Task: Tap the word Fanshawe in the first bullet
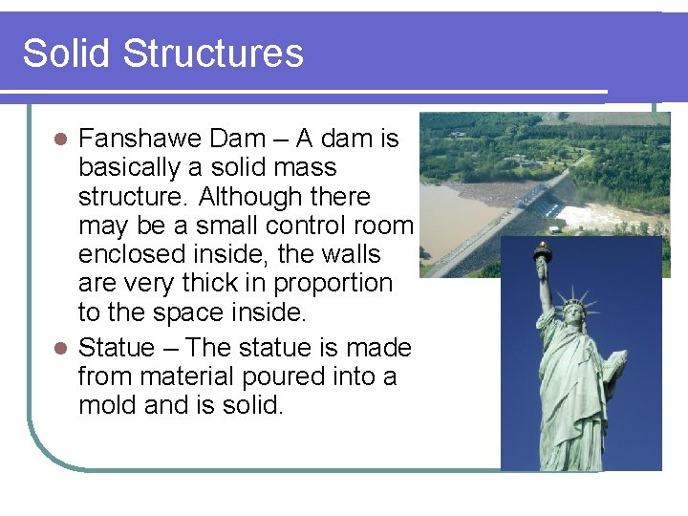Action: coord(140,139)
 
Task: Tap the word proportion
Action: coord(333,283)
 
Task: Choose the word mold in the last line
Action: coord(110,405)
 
